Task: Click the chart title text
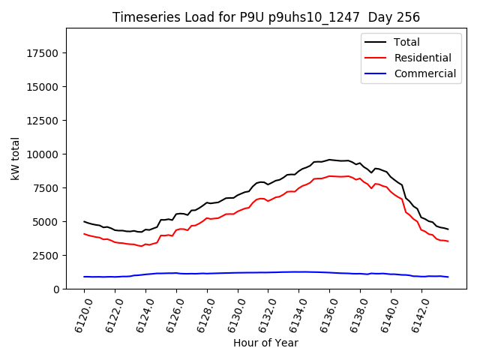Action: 266,17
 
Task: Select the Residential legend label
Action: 423,58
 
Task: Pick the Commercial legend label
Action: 425,73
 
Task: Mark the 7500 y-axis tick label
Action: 47,188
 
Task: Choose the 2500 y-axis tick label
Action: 47,256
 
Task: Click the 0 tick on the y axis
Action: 57,289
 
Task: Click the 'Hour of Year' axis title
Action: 266,343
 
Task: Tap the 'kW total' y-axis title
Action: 16,158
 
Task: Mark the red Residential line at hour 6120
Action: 84,234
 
